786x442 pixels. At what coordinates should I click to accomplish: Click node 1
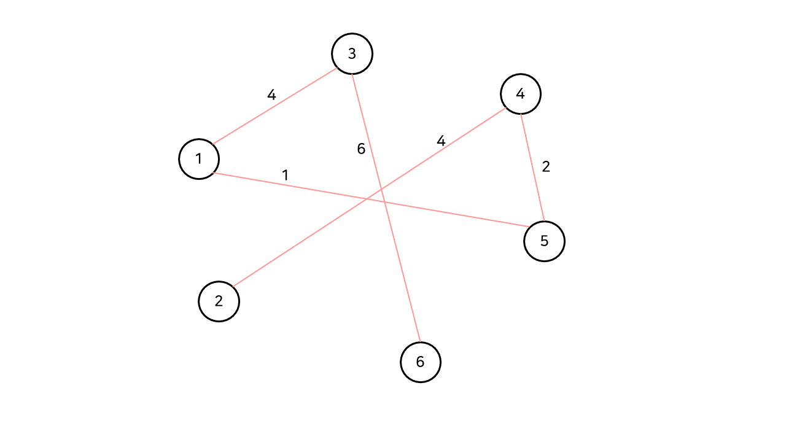[x=199, y=159]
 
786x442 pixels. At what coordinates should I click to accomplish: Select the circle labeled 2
[x=219, y=301]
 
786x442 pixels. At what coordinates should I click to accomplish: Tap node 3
[x=352, y=54]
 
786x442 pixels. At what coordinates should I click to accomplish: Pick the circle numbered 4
[x=521, y=94]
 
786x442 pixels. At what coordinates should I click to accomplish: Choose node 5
[x=544, y=241]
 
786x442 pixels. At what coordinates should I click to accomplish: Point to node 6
[x=421, y=362]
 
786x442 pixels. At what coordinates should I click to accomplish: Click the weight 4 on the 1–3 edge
[x=271, y=95]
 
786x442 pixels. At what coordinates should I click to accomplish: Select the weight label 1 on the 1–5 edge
[x=285, y=175]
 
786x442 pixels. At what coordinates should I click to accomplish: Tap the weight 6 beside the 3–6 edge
[x=361, y=149]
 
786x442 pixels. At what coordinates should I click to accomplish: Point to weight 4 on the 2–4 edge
[x=441, y=141]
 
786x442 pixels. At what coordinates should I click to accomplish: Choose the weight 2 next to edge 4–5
[x=546, y=166]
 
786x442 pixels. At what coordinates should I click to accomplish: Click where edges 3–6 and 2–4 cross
[x=381, y=188]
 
